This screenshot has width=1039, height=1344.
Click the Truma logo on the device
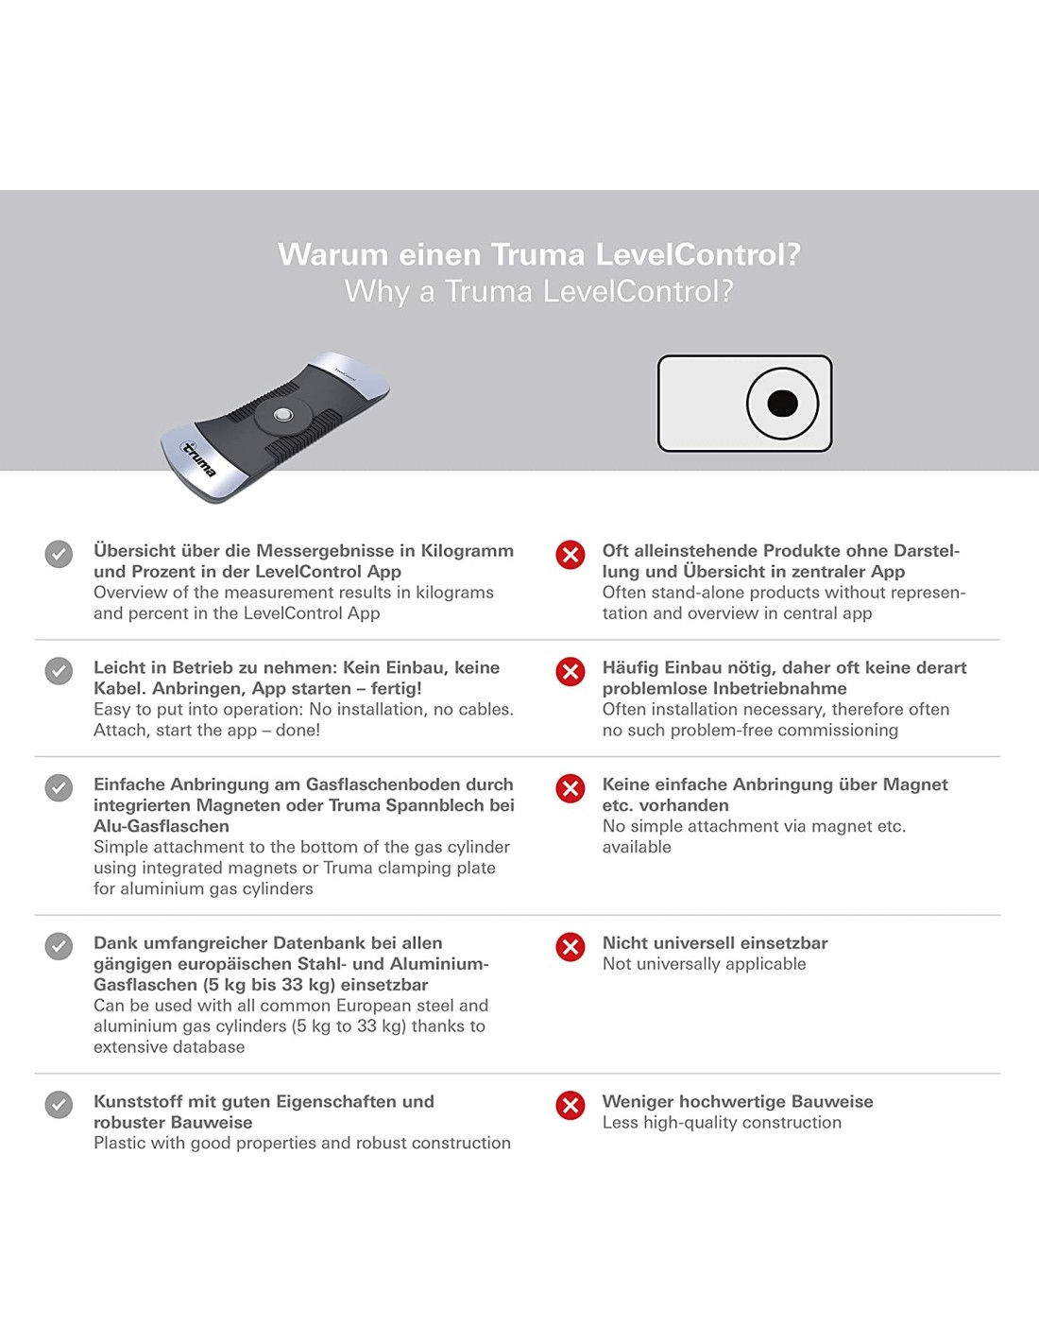[x=199, y=458]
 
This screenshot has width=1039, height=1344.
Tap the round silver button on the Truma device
[x=282, y=415]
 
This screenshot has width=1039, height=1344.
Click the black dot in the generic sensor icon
[x=783, y=404]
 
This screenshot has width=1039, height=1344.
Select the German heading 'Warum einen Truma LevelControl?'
[x=538, y=254]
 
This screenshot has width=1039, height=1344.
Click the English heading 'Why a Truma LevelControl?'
[x=538, y=291]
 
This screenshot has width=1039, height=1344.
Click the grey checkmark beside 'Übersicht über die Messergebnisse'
[x=59, y=554]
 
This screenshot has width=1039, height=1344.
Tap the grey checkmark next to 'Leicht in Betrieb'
[x=59, y=671]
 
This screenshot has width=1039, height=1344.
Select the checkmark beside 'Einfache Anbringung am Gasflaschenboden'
[x=59, y=787]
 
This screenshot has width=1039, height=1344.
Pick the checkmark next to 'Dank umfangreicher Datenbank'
[x=59, y=946]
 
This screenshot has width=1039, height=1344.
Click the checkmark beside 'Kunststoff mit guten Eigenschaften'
[x=59, y=1105]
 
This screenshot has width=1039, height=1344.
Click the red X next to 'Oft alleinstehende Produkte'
[x=571, y=554]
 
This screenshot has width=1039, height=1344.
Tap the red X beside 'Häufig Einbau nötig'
[x=571, y=671]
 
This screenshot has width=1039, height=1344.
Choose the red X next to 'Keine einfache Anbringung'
[x=571, y=787]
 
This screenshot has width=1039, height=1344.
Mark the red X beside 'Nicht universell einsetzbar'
[x=571, y=946]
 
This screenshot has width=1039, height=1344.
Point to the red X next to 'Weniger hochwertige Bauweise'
[x=571, y=1105]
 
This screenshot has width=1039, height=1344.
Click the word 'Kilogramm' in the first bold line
[x=467, y=551]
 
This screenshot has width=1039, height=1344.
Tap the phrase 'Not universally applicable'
[x=705, y=964]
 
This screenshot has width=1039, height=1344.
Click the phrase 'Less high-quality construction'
[x=722, y=1123]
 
